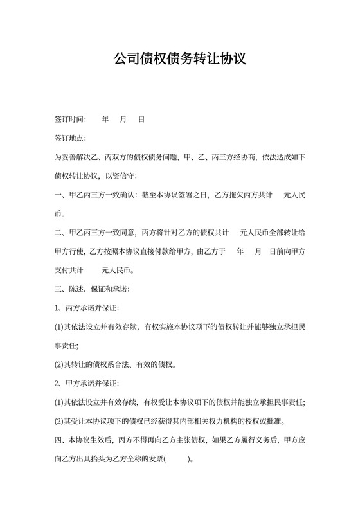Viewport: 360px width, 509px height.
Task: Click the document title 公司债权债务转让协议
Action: (179, 60)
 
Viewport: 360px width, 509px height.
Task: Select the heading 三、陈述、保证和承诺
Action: (93, 289)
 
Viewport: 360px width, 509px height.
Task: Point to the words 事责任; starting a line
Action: (66, 346)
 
